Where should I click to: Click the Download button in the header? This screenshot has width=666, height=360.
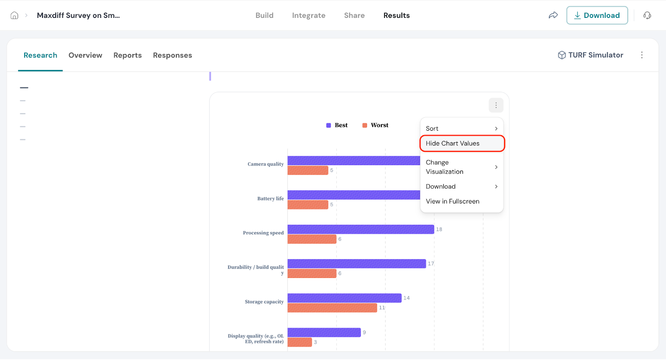point(596,15)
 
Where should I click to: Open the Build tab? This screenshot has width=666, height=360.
point(264,15)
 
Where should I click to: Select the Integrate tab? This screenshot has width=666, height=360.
point(308,15)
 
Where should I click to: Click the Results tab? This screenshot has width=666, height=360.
point(396,15)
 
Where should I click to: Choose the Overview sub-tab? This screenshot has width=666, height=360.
point(85,55)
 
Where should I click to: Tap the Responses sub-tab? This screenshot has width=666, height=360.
point(172,55)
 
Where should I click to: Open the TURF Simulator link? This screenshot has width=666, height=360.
point(591,55)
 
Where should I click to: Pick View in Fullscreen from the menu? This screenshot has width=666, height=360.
point(452,201)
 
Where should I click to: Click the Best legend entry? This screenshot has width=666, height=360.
point(337,125)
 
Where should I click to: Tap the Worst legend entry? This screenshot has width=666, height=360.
point(375,125)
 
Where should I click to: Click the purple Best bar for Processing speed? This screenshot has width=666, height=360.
point(360,229)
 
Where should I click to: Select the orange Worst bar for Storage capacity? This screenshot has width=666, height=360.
point(332,308)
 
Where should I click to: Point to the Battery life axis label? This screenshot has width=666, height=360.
point(270,199)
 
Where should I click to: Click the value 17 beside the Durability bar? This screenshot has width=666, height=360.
point(431,263)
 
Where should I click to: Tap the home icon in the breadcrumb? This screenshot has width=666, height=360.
point(15,15)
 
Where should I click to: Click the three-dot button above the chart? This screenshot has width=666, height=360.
point(496,105)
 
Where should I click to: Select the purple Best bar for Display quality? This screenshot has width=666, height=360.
point(324,333)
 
